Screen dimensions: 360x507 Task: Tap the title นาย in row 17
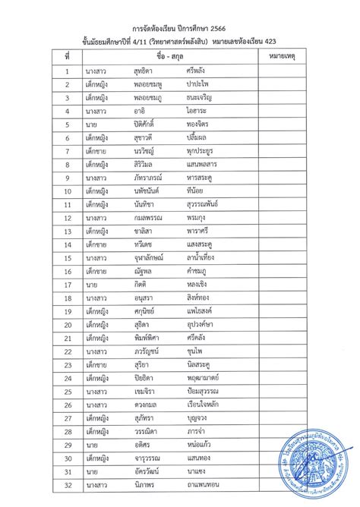(x=90, y=284)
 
